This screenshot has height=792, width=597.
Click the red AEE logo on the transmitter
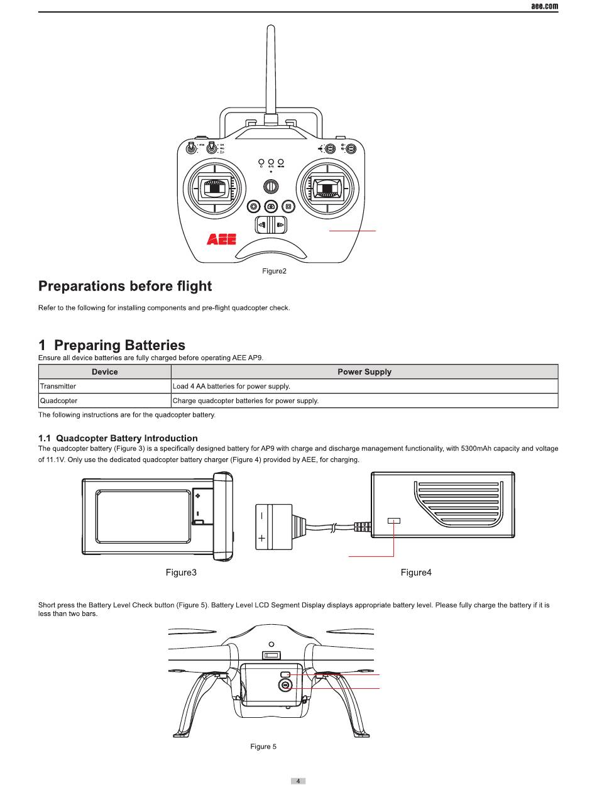click(x=221, y=239)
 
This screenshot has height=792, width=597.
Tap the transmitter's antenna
click(x=271, y=69)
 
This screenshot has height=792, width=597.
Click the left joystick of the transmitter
click(x=214, y=187)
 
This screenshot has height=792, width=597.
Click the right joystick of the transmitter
click(x=329, y=187)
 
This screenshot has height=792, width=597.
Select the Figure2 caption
click(x=274, y=272)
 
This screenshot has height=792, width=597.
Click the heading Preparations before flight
click(x=125, y=287)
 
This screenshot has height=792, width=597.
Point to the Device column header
click(x=104, y=371)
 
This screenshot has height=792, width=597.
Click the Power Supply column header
click(x=364, y=371)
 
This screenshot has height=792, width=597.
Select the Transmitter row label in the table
click(x=58, y=386)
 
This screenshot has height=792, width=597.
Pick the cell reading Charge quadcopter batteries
click(x=245, y=400)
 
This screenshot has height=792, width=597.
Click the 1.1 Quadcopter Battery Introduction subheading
click(x=118, y=438)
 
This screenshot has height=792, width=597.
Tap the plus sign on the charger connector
click(x=262, y=538)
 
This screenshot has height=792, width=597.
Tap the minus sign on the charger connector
click(x=262, y=516)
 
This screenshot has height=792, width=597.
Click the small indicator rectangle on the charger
click(x=394, y=520)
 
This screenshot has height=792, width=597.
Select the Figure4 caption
click(x=416, y=573)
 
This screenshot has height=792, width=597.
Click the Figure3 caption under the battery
click(x=181, y=573)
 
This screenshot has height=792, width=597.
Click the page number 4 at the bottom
click(x=298, y=781)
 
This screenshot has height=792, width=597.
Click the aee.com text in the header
click(x=544, y=6)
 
